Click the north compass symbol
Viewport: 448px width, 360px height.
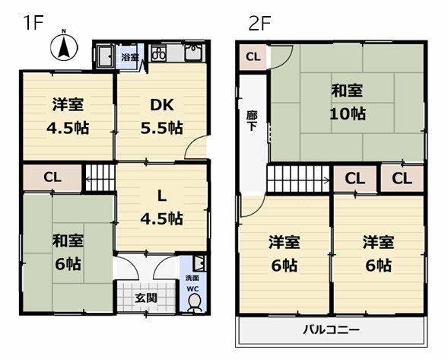(65, 46)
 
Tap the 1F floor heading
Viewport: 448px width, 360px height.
(33, 23)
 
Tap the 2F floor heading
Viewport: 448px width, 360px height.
(259, 23)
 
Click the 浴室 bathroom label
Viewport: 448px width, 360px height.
(130, 57)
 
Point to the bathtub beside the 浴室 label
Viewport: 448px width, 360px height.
(105, 56)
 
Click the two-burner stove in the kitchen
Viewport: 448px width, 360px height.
(158, 53)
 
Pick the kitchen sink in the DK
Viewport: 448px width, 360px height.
(194, 53)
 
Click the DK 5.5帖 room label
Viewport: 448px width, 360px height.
(162, 116)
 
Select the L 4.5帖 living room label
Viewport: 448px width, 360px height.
(162, 208)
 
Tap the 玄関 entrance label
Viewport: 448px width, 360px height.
(146, 298)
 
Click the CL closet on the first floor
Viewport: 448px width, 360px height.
(52, 177)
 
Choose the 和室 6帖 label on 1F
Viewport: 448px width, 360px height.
(68, 252)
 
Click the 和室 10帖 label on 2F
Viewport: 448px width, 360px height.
(348, 102)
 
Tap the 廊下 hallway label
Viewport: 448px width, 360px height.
(252, 121)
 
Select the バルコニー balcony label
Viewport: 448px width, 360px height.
(332, 330)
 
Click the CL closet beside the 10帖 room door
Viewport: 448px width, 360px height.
(253, 56)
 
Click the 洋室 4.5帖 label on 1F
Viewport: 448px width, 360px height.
(68, 116)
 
